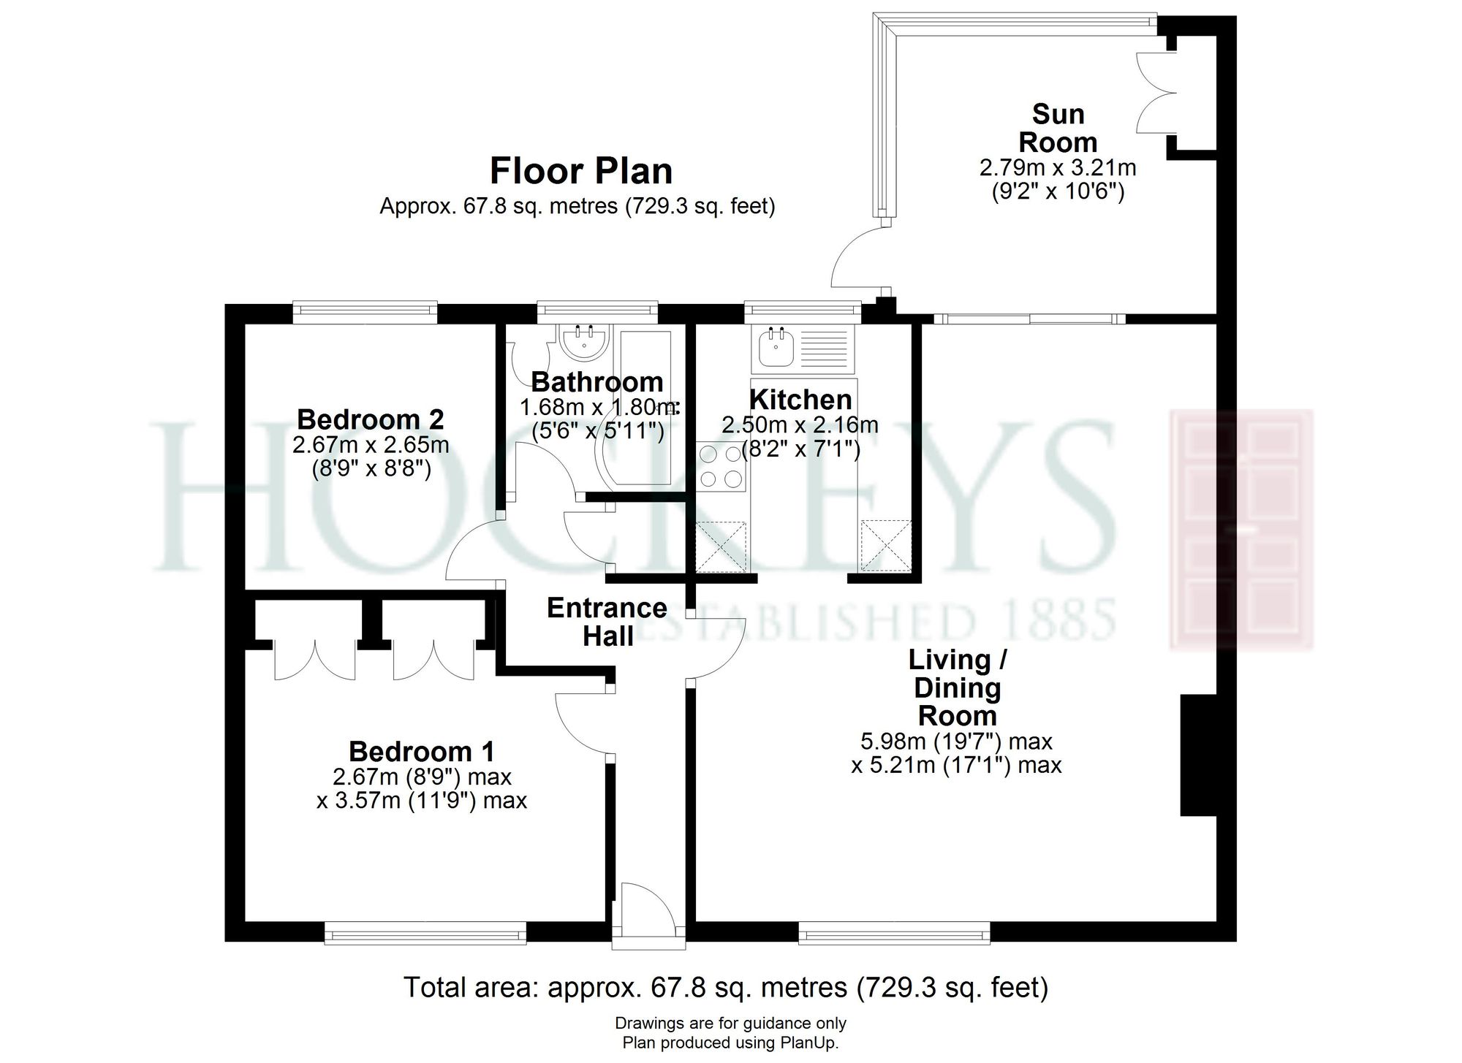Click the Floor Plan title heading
[x=581, y=171]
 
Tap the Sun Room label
[x=1058, y=128]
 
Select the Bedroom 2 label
[x=371, y=419]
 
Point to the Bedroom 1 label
[x=422, y=751]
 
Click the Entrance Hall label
[x=607, y=622]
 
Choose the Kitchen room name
[x=800, y=400]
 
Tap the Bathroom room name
[x=597, y=381]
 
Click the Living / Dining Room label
[x=958, y=687]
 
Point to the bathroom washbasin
[x=583, y=340]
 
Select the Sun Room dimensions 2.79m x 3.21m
[x=1058, y=168]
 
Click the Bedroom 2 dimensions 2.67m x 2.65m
[x=371, y=444]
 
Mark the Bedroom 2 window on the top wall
[x=365, y=313]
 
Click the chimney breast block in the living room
[x=1198, y=755]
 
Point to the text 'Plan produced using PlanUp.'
[x=730, y=1043]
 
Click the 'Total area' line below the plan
[x=726, y=988]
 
